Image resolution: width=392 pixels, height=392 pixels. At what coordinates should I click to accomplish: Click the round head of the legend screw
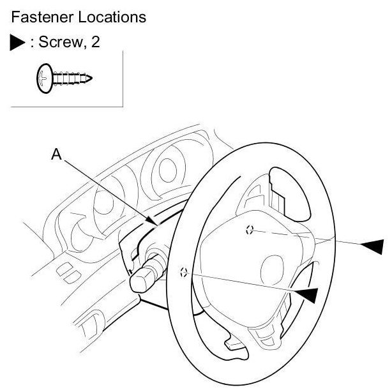pos(43,79)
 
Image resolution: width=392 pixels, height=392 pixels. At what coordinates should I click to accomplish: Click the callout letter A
pos(56,155)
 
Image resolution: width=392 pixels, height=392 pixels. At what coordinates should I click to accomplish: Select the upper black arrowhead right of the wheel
pos(372,245)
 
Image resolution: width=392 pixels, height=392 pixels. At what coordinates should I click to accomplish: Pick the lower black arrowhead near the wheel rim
pos(306,293)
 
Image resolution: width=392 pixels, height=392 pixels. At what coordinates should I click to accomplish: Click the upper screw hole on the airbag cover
pos(250,230)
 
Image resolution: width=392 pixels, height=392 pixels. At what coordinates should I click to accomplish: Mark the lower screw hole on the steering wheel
pos(184,271)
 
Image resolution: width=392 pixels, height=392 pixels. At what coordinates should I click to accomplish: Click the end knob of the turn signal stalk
pos(140,280)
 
